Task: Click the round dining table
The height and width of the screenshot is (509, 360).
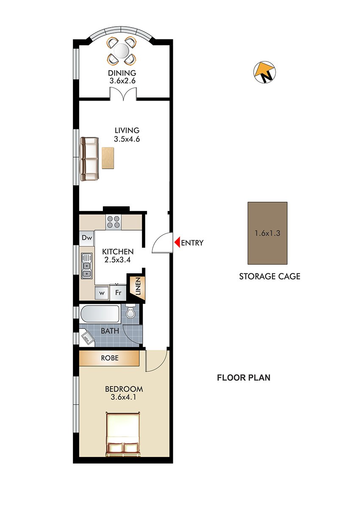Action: pyautogui.click(x=121, y=51)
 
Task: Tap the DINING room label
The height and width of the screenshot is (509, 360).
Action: pyautogui.click(x=122, y=73)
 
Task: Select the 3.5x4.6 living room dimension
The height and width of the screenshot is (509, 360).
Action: pyautogui.click(x=127, y=139)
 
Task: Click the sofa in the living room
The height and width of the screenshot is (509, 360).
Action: pyautogui.click(x=89, y=159)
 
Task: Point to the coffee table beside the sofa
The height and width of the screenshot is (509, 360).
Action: pyautogui.click(x=108, y=158)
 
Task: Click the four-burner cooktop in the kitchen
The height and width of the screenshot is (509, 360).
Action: pyautogui.click(x=114, y=222)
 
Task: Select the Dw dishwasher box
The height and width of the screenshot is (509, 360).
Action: pyautogui.click(x=87, y=238)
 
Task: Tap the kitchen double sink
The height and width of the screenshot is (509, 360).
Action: pyautogui.click(x=87, y=266)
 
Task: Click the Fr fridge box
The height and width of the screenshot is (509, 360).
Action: pyautogui.click(x=118, y=292)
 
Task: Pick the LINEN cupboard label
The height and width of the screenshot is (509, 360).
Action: pyautogui.click(x=138, y=286)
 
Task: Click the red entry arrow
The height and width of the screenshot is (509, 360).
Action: pyautogui.click(x=177, y=242)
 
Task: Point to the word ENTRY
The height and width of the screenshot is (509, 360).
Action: pyautogui.click(x=192, y=243)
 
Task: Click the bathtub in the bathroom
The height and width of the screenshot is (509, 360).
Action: pyautogui.click(x=100, y=314)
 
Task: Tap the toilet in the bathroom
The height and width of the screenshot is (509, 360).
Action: pyautogui.click(x=130, y=312)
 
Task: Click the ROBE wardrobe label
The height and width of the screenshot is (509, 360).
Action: pyautogui.click(x=110, y=358)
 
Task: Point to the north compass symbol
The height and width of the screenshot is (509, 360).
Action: pyautogui.click(x=264, y=72)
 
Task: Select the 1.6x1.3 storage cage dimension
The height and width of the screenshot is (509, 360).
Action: pyautogui.click(x=267, y=233)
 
